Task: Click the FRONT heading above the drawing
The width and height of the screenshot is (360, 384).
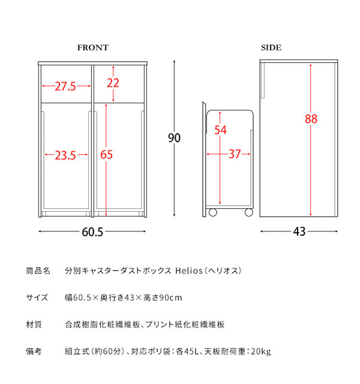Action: click(x=92, y=47)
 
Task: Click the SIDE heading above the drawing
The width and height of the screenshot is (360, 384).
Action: click(x=271, y=47)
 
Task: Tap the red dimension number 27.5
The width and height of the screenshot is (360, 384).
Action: click(x=65, y=86)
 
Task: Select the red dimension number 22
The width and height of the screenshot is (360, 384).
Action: click(x=113, y=83)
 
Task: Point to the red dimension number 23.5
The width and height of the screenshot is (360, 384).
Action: click(x=65, y=156)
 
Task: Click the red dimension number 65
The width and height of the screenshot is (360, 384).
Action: click(x=107, y=155)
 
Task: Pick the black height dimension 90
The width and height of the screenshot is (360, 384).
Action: click(x=174, y=138)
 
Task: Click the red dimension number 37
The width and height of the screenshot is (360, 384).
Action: click(x=235, y=154)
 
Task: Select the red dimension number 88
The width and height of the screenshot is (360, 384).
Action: click(x=311, y=119)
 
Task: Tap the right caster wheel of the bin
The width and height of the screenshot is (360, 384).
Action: click(x=248, y=212)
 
